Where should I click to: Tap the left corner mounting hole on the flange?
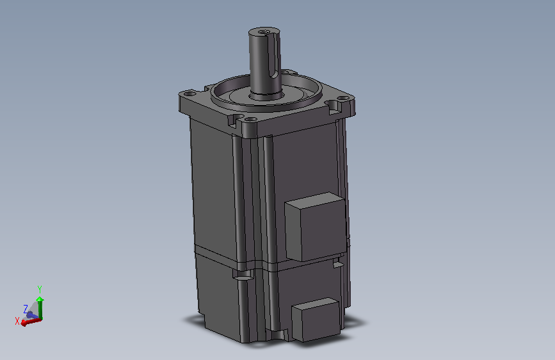pos(190,94)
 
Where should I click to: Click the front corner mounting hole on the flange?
pos(250,120)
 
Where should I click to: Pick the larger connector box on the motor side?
pos(316,227)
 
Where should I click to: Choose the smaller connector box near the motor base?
pos(316,319)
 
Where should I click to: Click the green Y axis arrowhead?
pos(40,299)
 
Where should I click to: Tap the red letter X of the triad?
pos(17,321)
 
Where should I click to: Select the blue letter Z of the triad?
pos(26,309)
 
